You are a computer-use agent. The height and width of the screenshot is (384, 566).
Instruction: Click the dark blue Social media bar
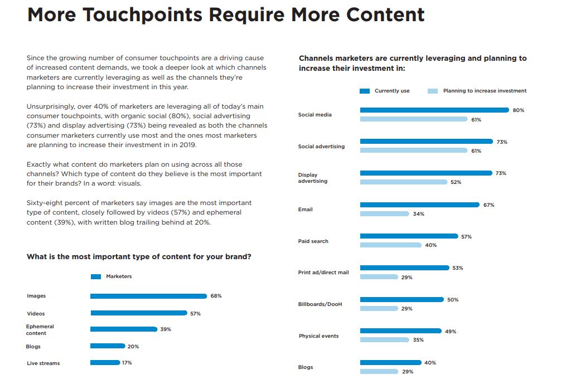pyautogui.click(x=434, y=110)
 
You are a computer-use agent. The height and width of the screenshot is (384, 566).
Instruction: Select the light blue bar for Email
pyautogui.click(x=384, y=214)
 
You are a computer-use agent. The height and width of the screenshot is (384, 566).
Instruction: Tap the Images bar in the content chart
pyautogui.click(x=148, y=296)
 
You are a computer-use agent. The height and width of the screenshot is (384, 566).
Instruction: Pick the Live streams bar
pyautogui.click(x=105, y=363)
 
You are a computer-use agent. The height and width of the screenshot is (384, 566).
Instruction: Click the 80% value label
pyautogui.click(x=518, y=110)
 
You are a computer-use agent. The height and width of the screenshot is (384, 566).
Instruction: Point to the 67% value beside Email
pyautogui.click(x=488, y=205)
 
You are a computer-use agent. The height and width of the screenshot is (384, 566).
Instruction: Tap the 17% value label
pyautogui.click(x=127, y=363)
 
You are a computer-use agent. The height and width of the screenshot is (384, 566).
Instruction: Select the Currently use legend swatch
pyautogui.click(x=365, y=91)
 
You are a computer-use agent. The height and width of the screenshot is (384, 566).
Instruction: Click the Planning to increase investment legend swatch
pyautogui.click(x=432, y=91)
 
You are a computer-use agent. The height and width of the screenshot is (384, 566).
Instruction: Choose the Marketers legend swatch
pyautogui.click(x=95, y=276)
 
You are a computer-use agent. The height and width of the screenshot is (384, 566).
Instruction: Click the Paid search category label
pyautogui.click(x=313, y=241)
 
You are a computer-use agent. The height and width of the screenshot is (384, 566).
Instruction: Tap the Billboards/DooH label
pyautogui.click(x=320, y=304)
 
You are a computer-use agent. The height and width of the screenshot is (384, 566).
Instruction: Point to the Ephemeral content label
pyautogui.click(x=40, y=330)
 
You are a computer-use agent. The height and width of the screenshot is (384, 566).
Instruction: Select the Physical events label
pyautogui.click(x=318, y=336)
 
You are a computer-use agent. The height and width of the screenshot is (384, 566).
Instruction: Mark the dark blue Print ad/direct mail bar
pyautogui.click(x=404, y=268)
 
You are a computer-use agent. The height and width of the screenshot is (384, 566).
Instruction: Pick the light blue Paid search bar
pyautogui.click(x=390, y=245)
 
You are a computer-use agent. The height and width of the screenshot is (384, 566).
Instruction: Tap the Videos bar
pyautogui.click(x=138, y=313)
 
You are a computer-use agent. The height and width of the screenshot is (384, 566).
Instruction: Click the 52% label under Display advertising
pyautogui.click(x=456, y=182)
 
